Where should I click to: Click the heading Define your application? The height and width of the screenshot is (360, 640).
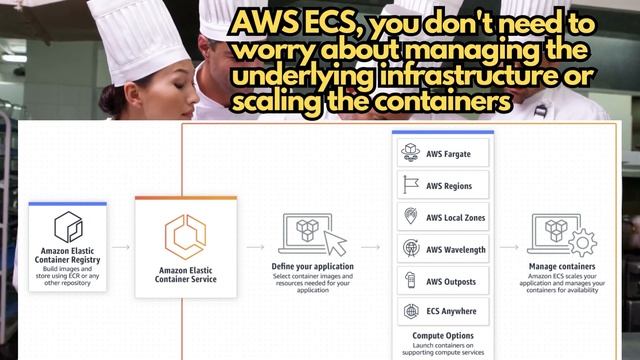click(x=313, y=267)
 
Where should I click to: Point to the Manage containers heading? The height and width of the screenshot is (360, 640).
click(x=562, y=267)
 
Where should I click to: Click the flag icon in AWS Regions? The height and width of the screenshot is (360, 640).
click(x=410, y=185)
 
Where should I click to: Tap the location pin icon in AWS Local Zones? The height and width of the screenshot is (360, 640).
click(x=410, y=217)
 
